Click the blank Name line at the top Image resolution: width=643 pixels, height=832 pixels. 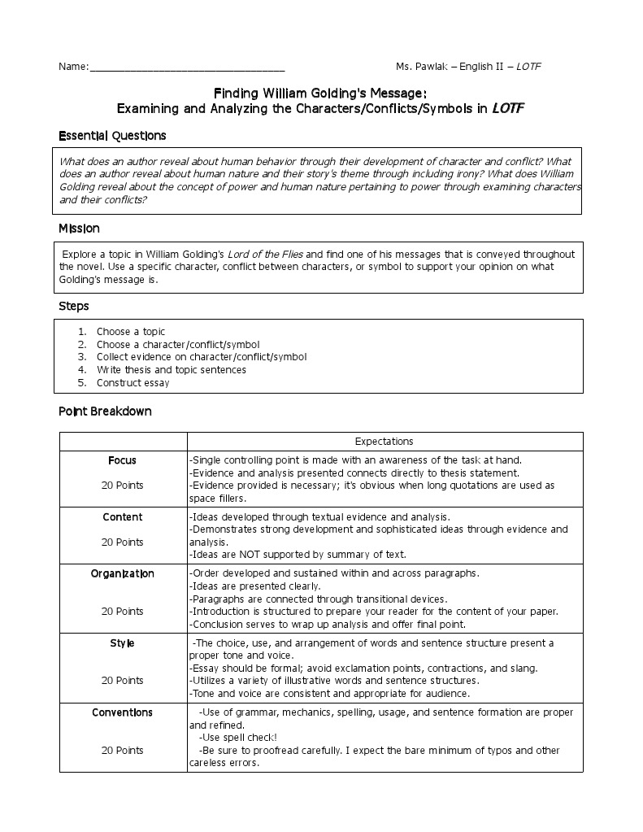point(187,68)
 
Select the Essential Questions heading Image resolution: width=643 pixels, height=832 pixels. point(112,135)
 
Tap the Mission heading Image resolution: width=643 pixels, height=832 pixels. point(79,229)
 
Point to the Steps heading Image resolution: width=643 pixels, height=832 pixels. point(73,306)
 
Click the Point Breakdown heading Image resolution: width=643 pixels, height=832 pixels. point(105,411)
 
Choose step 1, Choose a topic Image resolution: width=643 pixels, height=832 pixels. point(130,332)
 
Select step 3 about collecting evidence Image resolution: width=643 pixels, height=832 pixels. point(201,357)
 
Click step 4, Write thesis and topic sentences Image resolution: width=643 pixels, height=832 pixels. point(171,370)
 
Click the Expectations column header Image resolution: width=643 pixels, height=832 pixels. point(384,442)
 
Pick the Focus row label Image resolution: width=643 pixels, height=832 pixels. point(122,460)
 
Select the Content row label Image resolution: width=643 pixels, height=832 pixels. point(122,517)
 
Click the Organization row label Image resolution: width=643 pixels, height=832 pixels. point(122,573)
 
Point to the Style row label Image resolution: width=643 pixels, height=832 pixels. point(122,643)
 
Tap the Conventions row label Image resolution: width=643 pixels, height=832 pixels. point(122,712)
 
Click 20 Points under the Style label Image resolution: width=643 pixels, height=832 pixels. point(122,681)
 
